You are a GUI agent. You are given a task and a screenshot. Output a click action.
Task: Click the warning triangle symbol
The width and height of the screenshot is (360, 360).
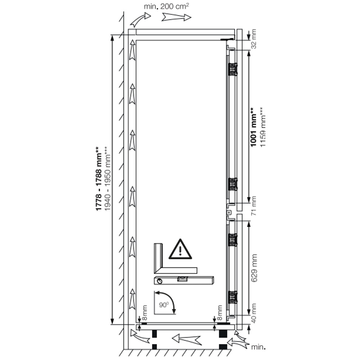point(180,249)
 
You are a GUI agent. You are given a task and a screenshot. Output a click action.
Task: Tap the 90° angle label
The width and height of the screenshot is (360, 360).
point(164,305)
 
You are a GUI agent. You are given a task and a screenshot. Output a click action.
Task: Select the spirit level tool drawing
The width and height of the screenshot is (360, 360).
point(184,280)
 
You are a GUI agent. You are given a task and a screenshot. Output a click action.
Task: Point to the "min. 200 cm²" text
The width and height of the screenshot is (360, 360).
point(166,6)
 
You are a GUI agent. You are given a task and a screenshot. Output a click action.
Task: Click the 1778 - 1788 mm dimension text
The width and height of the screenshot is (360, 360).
point(98,179)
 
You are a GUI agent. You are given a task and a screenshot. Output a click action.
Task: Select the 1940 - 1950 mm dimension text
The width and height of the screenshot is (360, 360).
point(107,179)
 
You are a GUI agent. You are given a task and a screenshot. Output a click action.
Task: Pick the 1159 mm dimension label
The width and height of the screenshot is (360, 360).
point(262,127)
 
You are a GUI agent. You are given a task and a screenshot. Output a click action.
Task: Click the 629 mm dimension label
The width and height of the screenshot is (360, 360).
point(254,268)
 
